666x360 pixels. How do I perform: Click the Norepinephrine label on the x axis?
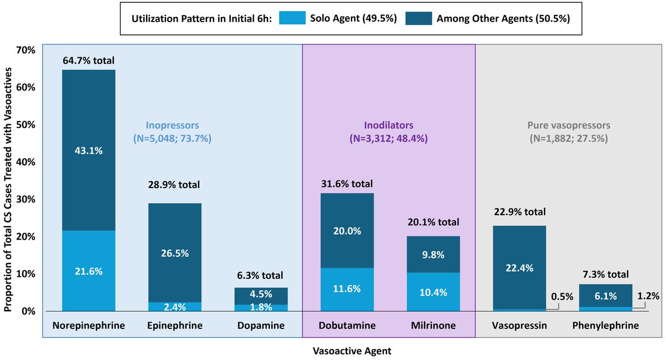pyautogui.click(x=89, y=326)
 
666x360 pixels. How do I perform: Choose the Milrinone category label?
pyautogui.click(x=433, y=326)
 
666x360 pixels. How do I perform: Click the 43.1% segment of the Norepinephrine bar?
pyautogui.click(x=89, y=150)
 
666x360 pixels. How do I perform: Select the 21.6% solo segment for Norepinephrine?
pyautogui.click(x=89, y=271)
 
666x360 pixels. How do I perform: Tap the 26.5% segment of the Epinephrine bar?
pyautogui.click(x=175, y=253)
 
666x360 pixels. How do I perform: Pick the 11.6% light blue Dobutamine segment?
pyautogui.click(x=347, y=289)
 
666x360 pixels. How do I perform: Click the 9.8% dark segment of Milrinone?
pyautogui.click(x=433, y=254)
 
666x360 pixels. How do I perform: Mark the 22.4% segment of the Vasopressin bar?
pyautogui.click(x=519, y=267)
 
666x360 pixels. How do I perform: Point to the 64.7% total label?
pyautogui.click(x=89, y=60)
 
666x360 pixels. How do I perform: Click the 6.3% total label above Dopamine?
pyautogui.click(x=261, y=276)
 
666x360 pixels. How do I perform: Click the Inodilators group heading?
pyautogui.click(x=389, y=125)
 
